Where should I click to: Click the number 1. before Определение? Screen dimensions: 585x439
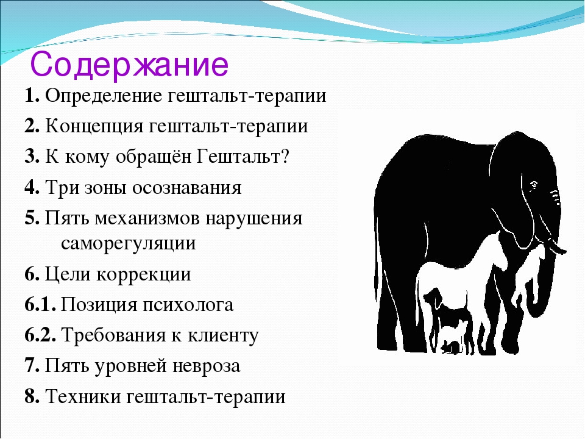(32, 96)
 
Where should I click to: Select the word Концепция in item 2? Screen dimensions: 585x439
(94, 127)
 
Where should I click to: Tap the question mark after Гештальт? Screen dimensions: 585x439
(285, 157)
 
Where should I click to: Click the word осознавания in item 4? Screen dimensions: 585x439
(186, 188)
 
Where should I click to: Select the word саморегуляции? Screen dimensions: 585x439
(129, 244)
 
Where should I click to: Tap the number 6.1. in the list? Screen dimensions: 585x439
(41, 305)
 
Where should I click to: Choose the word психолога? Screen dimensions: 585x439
(188, 305)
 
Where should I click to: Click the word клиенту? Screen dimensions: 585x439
(223, 336)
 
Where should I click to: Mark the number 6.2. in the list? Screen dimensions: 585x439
(41, 335)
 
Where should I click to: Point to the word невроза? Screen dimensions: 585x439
(206, 366)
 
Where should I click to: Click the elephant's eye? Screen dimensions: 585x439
(534, 184)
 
